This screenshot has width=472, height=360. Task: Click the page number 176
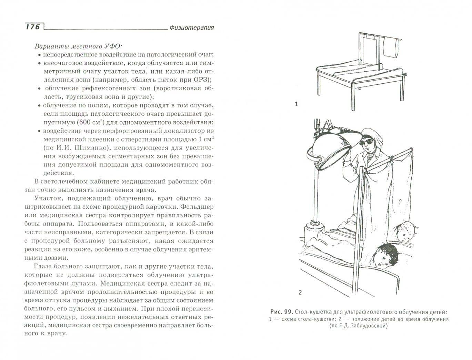pyautogui.click(x=33, y=27)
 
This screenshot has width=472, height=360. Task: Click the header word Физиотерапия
pyautogui.click(x=192, y=28)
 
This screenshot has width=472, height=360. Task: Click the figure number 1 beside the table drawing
pyautogui.click(x=297, y=104)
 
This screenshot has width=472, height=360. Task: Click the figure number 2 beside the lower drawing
pyautogui.click(x=300, y=292)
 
